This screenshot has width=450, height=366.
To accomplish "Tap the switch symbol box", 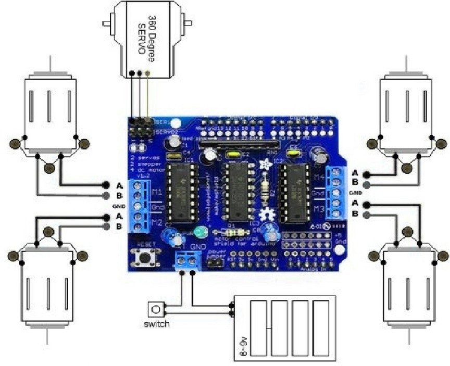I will pos(155,309).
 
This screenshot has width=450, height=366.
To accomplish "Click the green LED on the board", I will pos(198,232).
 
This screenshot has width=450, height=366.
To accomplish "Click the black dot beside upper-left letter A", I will pos(106,185).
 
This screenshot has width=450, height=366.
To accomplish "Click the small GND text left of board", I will pos(117,206).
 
